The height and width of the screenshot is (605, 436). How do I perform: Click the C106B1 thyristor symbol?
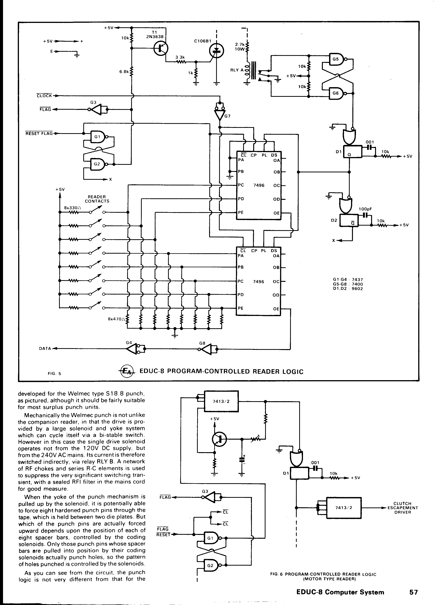coord(217,51)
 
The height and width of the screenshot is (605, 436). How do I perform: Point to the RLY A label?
coord(237,70)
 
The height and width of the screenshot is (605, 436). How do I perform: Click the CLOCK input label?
coord(44,95)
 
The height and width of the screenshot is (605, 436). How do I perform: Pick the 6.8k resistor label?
coord(124,71)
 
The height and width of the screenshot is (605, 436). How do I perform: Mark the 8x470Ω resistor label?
coord(116,319)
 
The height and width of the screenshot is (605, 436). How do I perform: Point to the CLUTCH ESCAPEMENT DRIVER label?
coord(403,508)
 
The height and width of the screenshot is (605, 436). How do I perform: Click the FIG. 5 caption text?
coord(54,374)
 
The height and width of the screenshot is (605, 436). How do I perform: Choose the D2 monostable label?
coord(334,220)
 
